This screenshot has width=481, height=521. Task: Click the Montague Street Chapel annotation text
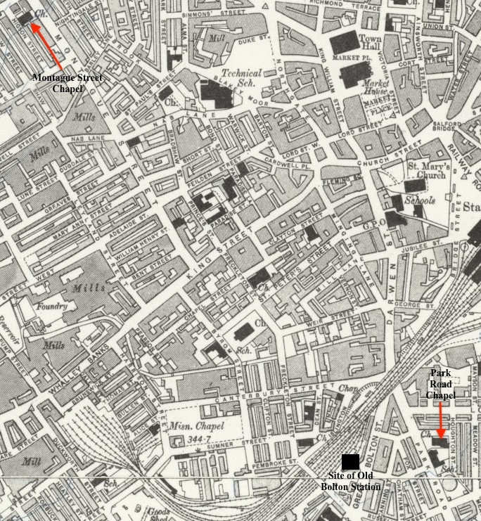(68, 82)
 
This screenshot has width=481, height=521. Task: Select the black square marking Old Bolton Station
(350, 462)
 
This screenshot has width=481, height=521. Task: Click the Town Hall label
(370, 43)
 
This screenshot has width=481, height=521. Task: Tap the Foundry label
(53, 307)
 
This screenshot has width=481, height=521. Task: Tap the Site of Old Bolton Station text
(350, 481)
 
